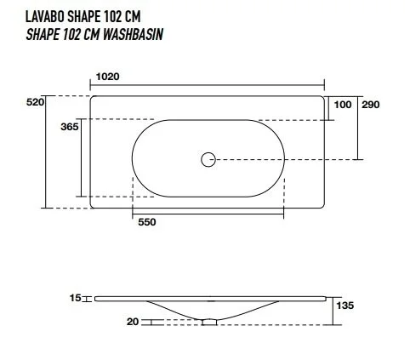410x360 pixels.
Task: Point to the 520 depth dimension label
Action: coord(36,102)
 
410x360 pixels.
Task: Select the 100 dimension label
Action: coord(342,104)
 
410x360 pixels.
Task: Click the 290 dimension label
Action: coord(371,104)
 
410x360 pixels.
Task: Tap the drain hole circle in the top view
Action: coord(208,158)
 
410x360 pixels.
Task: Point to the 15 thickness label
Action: coord(75,298)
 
